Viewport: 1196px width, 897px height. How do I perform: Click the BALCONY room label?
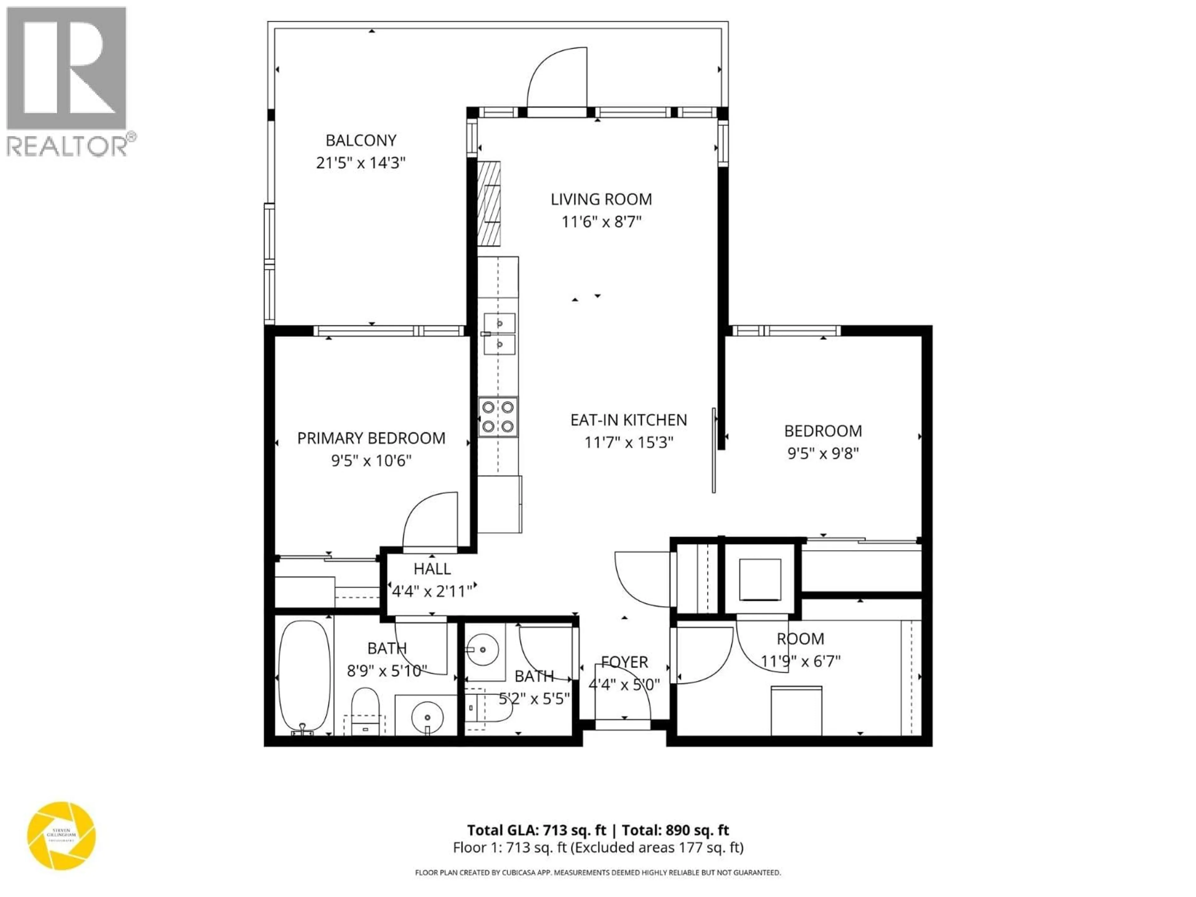[x=361, y=140]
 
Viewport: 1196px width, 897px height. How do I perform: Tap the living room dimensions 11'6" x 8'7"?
[x=601, y=222]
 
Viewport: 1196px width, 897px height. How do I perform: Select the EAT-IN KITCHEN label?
[x=628, y=420]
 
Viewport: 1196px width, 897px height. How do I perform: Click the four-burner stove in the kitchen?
[x=497, y=417]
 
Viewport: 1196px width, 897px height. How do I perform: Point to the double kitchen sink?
[x=499, y=334]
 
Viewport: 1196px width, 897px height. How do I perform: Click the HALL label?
[x=432, y=569]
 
